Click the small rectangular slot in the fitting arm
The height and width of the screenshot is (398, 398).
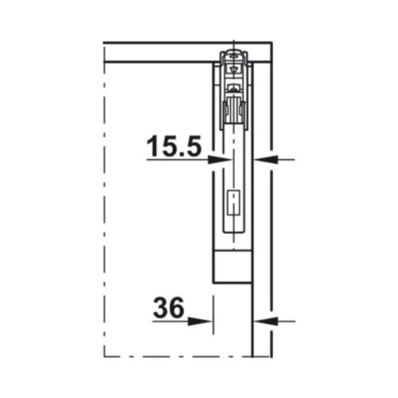click(x=232, y=205)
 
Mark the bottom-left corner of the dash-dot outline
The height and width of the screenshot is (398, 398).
click(x=105, y=355)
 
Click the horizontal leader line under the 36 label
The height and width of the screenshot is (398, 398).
click(x=171, y=322)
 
